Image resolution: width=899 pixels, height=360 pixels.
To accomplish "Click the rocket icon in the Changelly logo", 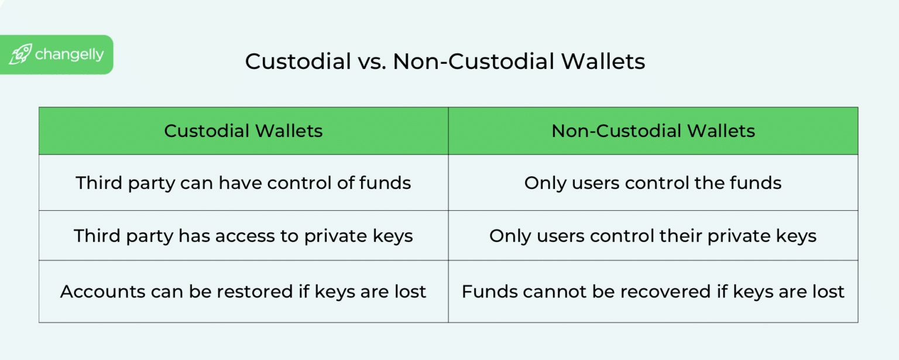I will tap(20, 54).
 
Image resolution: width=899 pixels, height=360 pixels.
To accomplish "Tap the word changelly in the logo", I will tap(69, 54).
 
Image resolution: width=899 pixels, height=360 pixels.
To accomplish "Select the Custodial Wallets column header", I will tap(243, 131).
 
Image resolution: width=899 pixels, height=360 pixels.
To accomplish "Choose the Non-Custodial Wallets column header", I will tap(653, 131).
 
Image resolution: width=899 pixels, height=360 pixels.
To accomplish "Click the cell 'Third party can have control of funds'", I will tap(243, 183).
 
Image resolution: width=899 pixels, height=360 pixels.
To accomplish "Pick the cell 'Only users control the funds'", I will tap(653, 183).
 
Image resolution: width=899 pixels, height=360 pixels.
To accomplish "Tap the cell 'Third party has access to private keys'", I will tap(243, 235).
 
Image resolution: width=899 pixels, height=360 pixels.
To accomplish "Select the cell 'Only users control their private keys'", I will tap(653, 235).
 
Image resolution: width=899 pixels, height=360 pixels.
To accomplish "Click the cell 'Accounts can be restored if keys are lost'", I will tap(243, 291).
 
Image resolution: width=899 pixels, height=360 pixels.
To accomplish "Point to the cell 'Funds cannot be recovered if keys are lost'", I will tap(653, 291).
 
